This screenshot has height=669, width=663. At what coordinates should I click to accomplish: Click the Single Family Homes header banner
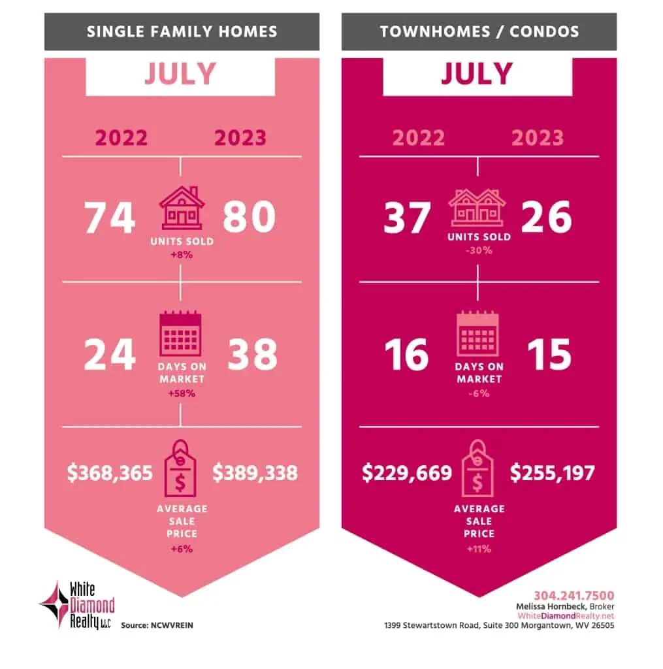pos(182,31)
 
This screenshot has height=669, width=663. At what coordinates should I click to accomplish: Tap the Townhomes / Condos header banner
pos(479,31)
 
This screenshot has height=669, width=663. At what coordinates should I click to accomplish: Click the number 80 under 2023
pos(249,218)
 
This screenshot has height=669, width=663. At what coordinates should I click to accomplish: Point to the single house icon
pos(182,207)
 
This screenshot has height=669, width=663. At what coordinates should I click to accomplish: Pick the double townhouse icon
pos(478,207)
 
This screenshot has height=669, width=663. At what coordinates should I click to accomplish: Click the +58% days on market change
pos(181,393)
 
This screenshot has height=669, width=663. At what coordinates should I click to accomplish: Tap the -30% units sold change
pos(479,250)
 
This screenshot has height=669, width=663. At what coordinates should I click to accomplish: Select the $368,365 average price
pos(109,472)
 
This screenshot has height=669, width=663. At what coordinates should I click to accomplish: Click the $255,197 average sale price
pos(553,472)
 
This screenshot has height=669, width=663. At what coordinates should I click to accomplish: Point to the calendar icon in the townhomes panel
pos(478,334)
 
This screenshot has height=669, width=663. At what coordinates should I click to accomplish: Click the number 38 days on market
pos(251,355)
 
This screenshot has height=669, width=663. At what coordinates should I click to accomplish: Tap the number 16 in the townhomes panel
pos(406,355)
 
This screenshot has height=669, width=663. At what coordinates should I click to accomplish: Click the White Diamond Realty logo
pos(77,604)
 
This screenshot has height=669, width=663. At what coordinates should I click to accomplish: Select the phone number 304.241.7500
pos(574,595)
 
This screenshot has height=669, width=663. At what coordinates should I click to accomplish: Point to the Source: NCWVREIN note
pos(157,625)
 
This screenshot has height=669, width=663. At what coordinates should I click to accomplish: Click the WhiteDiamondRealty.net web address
pos(566,615)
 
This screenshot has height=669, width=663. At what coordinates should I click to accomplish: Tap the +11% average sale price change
pos(479,549)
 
